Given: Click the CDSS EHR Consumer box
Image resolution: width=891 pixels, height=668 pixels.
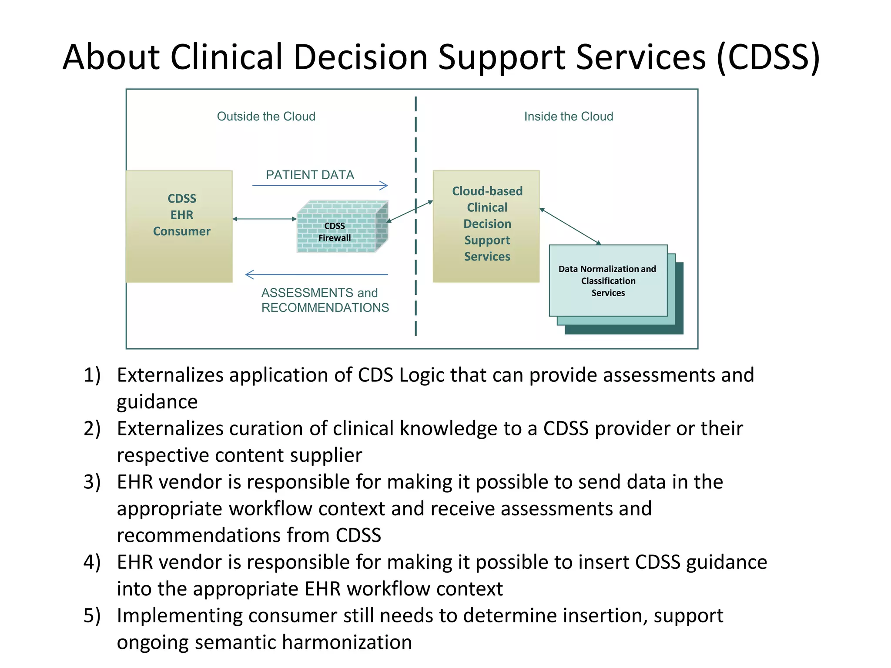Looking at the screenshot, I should tap(179, 226).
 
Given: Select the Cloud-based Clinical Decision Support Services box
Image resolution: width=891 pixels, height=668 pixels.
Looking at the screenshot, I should tap(486, 226).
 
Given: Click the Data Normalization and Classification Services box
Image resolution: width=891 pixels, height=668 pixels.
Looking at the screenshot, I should tap(608, 281).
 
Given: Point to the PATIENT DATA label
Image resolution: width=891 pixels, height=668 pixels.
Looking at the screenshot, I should tap(310, 175).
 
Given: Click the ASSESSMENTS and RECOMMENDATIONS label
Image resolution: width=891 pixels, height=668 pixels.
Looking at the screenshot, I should tap(325, 300).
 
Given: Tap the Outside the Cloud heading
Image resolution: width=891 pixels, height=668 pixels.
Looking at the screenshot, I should tap(266, 117).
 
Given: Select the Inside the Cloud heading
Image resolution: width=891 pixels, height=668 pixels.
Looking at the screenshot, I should tap(568, 117).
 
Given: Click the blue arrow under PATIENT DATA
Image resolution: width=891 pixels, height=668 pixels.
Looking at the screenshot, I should tap(320, 186).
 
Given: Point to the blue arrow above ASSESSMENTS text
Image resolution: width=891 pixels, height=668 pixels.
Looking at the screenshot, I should tap(317, 274).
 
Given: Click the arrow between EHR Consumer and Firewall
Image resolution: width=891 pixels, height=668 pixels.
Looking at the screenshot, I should tap(265, 219).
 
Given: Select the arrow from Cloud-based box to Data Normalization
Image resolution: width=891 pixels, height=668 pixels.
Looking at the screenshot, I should tap(570, 226).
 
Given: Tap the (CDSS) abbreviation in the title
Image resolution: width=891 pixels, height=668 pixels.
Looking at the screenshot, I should tap(768, 57).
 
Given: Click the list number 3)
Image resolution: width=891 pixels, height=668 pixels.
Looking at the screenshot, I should tap(92, 482).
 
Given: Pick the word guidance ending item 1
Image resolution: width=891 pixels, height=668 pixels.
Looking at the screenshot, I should tap(157, 402).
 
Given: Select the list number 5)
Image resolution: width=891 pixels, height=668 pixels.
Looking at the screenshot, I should tap(92, 615).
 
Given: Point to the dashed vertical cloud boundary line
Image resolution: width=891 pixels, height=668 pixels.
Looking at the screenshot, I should tap(416, 261).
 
